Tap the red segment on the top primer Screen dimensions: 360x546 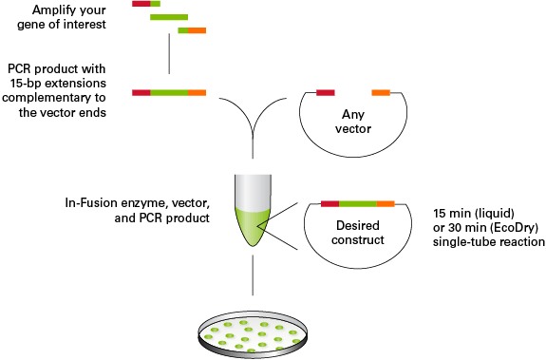141,5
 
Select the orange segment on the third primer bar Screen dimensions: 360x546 197,31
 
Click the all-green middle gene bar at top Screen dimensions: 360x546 169,18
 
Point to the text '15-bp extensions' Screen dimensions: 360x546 60,84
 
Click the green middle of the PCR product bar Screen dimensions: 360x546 169,92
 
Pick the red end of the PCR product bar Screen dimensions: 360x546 141,92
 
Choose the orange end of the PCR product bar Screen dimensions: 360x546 197,92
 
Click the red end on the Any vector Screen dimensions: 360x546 326,92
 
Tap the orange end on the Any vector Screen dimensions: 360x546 381,92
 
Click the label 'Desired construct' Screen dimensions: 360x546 357,233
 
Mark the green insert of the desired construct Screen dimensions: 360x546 358,204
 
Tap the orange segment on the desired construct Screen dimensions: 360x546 386,204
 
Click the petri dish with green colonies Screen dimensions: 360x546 253,334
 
